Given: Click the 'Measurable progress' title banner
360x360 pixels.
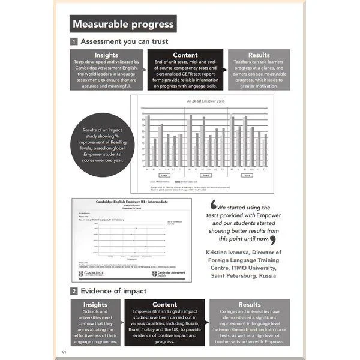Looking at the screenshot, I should (x=122, y=25).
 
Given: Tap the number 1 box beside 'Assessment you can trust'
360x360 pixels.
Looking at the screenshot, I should (x=74, y=42).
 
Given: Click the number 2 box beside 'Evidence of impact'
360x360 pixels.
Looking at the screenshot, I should (x=74, y=292).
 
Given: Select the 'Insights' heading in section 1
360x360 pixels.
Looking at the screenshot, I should (x=106, y=55).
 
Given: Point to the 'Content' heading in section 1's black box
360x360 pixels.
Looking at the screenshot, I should (x=185, y=55).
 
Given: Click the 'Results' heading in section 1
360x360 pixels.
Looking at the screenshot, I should (x=259, y=55).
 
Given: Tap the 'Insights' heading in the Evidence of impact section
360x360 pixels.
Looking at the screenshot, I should (x=95, y=305).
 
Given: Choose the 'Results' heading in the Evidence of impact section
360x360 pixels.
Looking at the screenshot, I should (x=250, y=305).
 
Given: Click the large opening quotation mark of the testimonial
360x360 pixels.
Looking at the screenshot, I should (x=213, y=206).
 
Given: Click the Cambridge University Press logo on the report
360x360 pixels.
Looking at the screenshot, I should (x=91, y=274).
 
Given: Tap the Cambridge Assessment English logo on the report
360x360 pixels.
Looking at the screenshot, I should (x=169, y=274).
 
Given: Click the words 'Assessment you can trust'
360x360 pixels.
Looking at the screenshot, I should (x=124, y=42).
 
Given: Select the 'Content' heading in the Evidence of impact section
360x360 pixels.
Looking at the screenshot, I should (x=164, y=305).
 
